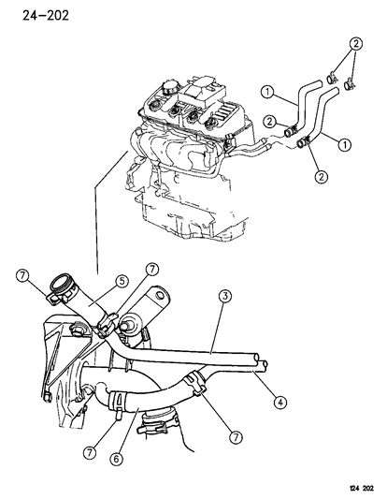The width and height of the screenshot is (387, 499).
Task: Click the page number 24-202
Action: click(x=46, y=15)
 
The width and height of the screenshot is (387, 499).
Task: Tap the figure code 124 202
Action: click(x=362, y=488)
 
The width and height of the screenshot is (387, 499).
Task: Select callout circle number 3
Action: click(x=225, y=296)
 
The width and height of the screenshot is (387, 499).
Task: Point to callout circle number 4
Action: click(x=279, y=403)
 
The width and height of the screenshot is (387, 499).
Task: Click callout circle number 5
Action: click(x=122, y=281)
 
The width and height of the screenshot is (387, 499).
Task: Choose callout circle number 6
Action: click(x=116, y=459)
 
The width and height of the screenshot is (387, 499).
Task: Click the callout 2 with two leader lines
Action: click(x=356, y=44)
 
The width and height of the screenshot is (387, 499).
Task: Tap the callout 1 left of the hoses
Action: click(x=267, y=92)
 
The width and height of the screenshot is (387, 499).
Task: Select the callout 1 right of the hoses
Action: click(x=344, y=145)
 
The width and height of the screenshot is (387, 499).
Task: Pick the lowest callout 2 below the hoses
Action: click(x=321, y=176)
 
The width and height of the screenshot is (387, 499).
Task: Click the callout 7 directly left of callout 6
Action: click(x=90, y=452)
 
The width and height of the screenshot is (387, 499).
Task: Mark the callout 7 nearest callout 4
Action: click(x=236, y=437)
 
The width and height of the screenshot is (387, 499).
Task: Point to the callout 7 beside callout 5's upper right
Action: click(x=151, y=271)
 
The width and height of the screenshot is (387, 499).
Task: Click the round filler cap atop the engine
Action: click(x=170, y=86)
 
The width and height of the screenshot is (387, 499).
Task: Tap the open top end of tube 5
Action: click(x=62, y=283)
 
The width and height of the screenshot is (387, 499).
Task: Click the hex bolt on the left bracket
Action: click(x=77, y=328)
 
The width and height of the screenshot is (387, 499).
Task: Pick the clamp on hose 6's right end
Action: click(x=194, y=382)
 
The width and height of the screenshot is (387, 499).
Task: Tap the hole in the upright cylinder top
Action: click(x=160, y=295)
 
